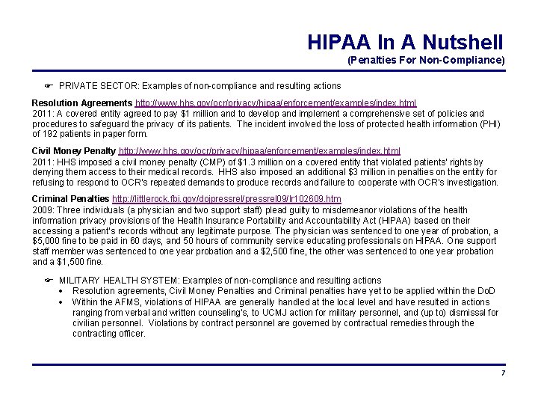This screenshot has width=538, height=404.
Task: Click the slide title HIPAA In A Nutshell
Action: coord(405,42)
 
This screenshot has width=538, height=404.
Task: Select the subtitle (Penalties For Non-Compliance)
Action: coord(426,60)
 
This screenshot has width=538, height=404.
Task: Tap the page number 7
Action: coord(504,373)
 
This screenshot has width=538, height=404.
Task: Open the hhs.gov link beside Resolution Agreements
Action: coord(276,102)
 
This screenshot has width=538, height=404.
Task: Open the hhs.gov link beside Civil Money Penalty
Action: coord(259,151)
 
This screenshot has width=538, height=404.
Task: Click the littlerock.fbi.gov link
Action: coord(226,200)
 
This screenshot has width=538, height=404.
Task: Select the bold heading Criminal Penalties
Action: coord(70,200)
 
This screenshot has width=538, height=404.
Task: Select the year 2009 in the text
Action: coord(42,210)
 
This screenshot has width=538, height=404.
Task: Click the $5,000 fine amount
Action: coord(47,242)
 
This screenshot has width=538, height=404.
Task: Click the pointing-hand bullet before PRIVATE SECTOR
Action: coord(49,86)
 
